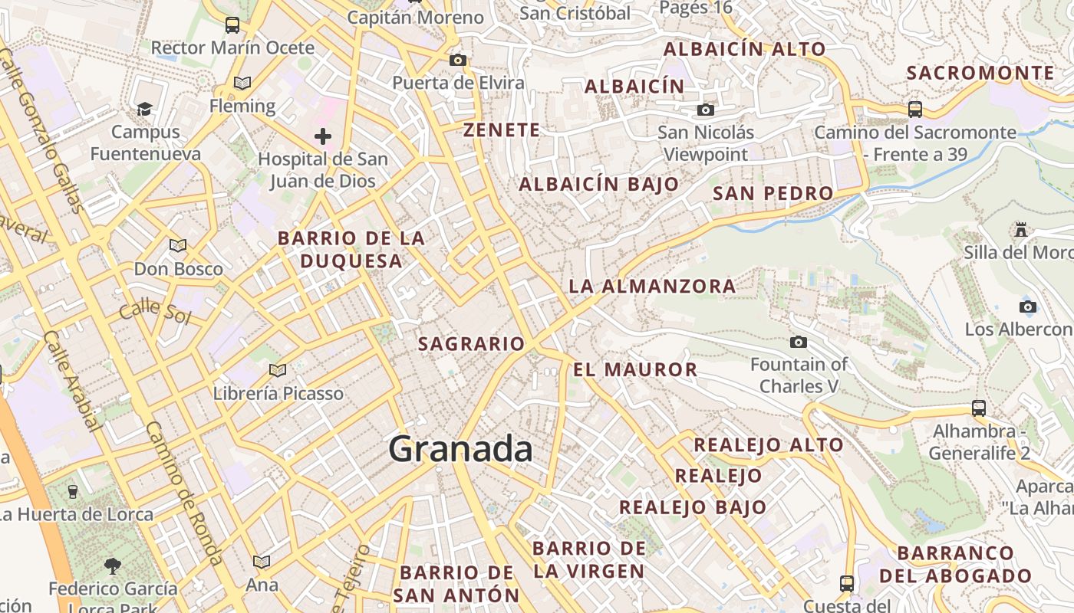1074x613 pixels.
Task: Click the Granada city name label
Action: click(x=460, y=449)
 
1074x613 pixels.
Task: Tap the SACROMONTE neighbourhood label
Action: click(x=980, y=73)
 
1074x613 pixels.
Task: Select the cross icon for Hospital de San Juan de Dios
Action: click(x=323, y=136)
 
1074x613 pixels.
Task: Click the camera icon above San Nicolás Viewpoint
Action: click(x=706, y=110)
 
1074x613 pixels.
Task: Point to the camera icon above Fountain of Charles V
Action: click(x=799, y=342)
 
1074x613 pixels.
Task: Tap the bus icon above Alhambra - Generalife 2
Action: click(x=978, y=408)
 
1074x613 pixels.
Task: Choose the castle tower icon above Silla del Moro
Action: click(x=1020, y=229)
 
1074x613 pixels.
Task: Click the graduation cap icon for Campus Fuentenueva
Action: click(x=144, y=109)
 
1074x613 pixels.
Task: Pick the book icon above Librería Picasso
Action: click(x=277, y=371)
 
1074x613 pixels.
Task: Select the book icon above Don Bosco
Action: click(x=178, y=246)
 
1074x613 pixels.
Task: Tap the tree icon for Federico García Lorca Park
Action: click(x=113, y=566)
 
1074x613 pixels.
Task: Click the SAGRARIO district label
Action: click(x=471, y=344)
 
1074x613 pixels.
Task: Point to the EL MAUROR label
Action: click(x=635, y=370)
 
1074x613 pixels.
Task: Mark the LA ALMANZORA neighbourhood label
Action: click(x=652, y=287)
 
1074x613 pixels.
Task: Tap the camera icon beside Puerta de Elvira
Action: click(x=458, y=61)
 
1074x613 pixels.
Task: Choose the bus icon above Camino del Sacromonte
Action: click(x=914, y=109)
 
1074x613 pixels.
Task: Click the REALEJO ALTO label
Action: click(x=768, y=444)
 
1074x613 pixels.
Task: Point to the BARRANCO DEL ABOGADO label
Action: click(x=955, y=564)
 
